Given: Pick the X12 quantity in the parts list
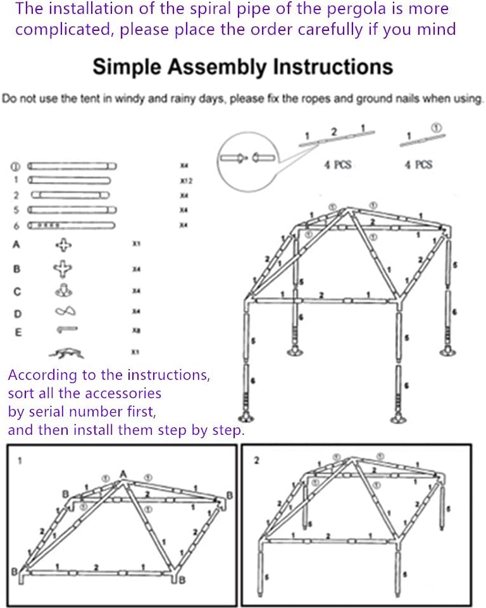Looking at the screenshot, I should (185, 180).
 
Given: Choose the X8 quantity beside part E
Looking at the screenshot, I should (135, 331).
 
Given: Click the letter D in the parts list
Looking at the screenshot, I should (17, 313).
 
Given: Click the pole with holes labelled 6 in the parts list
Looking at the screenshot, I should (73, 225).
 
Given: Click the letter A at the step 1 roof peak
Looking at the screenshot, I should (123, 474).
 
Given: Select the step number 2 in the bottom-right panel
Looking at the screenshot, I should (256, 460).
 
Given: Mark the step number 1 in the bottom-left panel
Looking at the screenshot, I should (20, 461).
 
